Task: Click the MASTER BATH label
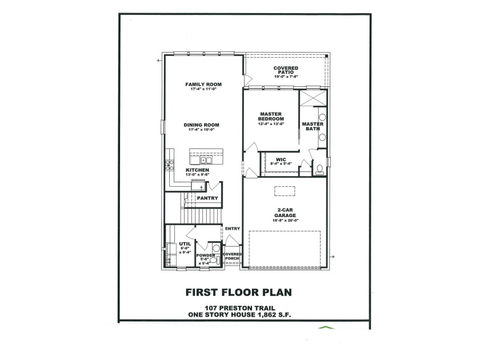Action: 313,126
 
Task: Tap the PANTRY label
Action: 207,198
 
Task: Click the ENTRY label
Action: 233,229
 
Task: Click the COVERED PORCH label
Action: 232,256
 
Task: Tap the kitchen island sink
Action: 206,161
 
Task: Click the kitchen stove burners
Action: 169,165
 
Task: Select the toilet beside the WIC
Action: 319,169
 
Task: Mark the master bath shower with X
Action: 313,98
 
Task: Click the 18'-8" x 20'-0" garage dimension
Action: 285,221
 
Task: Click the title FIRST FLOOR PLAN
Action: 239,293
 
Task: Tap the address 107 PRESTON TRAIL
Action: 240,308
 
